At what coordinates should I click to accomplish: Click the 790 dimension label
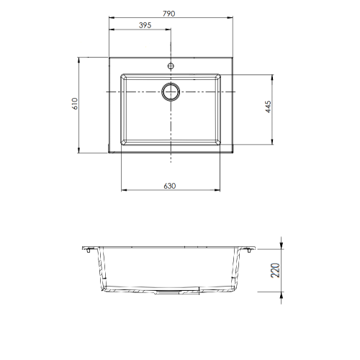169,14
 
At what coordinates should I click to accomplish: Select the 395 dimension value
145,25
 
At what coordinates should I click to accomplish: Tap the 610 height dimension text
75,104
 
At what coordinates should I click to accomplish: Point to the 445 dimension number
269,107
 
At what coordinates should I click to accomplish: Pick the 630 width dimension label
170,186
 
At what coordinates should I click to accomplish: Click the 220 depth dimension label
275,271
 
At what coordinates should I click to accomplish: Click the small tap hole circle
171,66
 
